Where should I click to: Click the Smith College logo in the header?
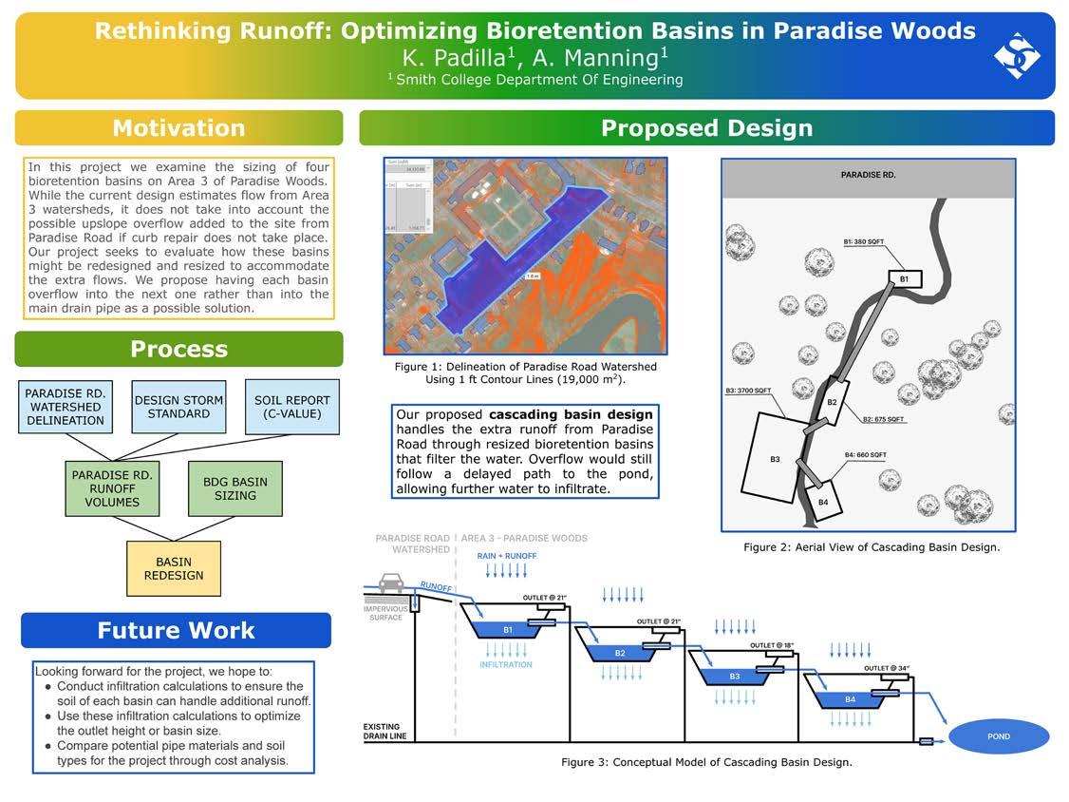click(x=1016, y=55)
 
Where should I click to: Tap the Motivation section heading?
click(x=178, y=128)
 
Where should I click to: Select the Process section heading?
click(x=178, y=349)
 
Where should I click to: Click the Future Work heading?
click(x=176, y=630)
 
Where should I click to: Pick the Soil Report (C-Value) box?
click(x=292, y=407)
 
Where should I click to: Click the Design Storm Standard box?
click(x=178, y=407)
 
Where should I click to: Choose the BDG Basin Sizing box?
click(x=234, y=488)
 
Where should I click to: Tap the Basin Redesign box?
click(x=174, y=568)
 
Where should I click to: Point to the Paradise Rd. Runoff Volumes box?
click(x=112, y=488)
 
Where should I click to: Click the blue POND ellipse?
click(x=998, y=736)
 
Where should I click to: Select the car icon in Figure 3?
click(x=390, y=582)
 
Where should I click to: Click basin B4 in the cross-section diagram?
click(x=850, y=699)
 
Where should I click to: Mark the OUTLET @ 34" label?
click(x=887, y=668)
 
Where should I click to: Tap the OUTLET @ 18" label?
click(x=772, y=645)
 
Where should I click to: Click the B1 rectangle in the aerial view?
click(x=904, y=278)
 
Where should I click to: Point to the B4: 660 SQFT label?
click(x=865, y=455)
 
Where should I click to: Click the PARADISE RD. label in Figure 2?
click(x=868, y=175)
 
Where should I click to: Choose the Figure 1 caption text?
click(x=525, y=372)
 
